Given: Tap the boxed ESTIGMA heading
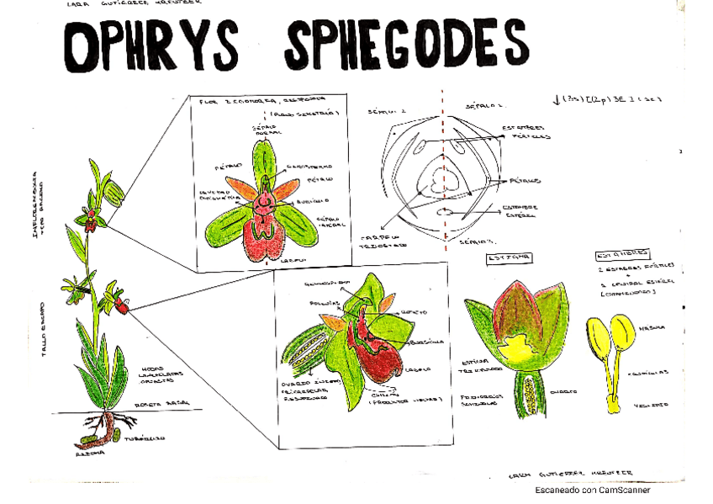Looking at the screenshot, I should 502,257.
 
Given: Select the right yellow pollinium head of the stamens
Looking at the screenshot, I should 623,334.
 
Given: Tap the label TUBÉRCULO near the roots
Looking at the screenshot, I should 145,438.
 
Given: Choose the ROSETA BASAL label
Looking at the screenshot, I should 165,404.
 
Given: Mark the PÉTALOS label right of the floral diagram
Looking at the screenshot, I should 525,181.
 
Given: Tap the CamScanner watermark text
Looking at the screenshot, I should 593,491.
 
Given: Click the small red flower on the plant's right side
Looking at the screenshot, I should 123,305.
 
